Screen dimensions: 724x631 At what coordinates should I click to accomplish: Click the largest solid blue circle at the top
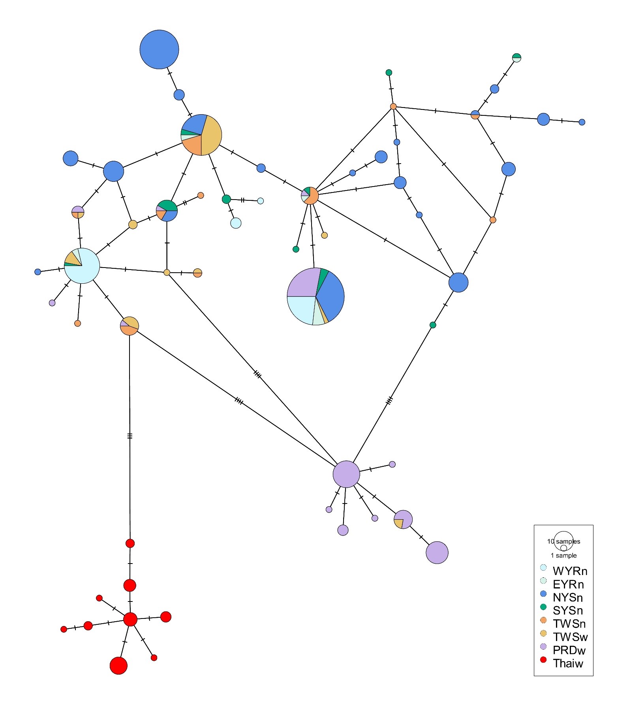[159, 49]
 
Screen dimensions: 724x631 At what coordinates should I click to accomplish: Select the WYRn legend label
[570, 571]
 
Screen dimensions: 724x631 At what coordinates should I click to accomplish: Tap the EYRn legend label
[568, 584]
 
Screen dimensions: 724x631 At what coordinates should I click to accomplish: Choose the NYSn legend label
[568, 598]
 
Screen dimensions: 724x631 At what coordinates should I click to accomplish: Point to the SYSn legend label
[568, 611]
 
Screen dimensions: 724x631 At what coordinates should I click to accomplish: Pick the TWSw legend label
[570, 637]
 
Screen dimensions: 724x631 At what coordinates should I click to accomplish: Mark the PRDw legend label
[569, 650]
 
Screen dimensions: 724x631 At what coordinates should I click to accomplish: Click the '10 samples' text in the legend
[563, 541]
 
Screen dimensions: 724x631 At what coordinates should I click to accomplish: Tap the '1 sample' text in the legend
[563, 555]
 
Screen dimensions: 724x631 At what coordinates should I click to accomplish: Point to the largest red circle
[118, 666]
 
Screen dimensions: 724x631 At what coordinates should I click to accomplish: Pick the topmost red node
[130, 543]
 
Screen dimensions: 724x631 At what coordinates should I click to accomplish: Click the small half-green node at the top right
[516, 58]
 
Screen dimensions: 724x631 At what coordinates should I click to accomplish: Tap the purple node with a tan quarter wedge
[403, 519]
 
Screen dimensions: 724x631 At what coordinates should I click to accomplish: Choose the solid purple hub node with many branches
[346, 474]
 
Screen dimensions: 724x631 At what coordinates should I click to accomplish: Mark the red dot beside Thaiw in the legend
[543, 660]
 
